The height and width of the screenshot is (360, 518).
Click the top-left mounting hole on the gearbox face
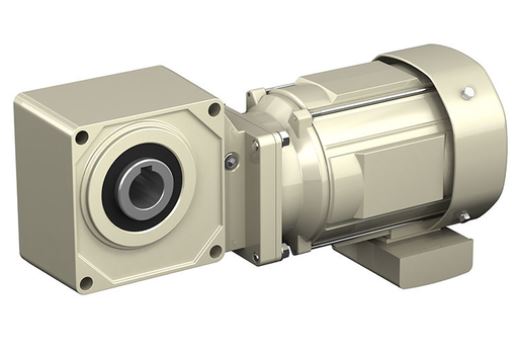coord(81,136)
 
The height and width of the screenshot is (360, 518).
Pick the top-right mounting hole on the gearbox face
coord(214,109)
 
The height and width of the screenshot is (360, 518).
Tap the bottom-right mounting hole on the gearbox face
coord(215,251)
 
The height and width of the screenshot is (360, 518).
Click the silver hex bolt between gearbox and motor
coord(232,161)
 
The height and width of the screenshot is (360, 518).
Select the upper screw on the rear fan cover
coord(467,93)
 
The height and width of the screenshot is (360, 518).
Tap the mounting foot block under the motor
coord(400,255)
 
